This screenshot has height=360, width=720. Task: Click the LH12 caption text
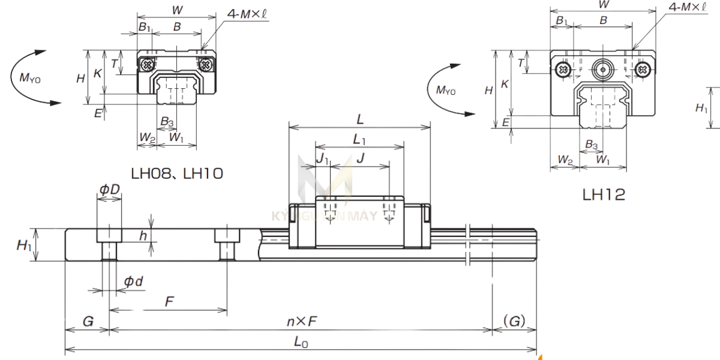604,194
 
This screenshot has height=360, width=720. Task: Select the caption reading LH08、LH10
177,174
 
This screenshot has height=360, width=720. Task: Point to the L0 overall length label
301,341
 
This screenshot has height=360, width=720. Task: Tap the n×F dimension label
301,322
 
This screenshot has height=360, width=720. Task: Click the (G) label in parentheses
514,322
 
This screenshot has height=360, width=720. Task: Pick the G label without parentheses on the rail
87,322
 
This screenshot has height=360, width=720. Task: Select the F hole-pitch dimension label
170,302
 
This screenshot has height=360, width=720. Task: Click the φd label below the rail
133,281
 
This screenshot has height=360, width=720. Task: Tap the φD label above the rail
109,190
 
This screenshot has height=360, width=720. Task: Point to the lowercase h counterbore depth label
143,236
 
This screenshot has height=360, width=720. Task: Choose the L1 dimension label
360,139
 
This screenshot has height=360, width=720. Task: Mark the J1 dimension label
323,159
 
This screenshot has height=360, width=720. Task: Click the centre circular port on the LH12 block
603,69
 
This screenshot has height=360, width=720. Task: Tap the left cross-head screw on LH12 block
563,69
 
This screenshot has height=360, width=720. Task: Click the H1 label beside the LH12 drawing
701,108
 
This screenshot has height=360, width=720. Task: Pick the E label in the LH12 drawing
506,122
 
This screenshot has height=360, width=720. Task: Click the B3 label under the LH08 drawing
167,122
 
